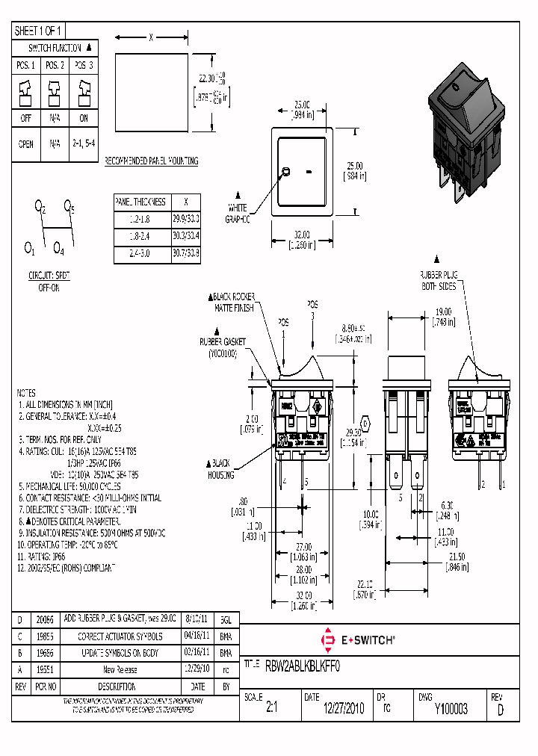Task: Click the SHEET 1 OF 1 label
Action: (x=39, y=31)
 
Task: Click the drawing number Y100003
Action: (x=451, y=710)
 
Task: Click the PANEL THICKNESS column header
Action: (x=140, y=202)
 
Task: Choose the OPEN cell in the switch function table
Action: (x=25, y=145)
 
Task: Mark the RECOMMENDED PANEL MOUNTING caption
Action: (x=150, y=161)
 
